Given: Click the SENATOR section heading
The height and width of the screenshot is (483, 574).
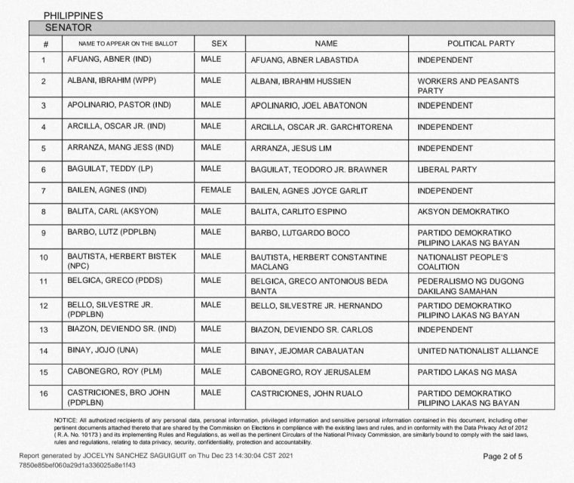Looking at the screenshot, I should pyautogui.click(x=69, y=28).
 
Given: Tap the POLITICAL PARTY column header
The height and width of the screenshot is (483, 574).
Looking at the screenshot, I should pyautogui.click(x=481, y=44).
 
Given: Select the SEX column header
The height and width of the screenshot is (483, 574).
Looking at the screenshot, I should pyautogui.click(x=219, y=44).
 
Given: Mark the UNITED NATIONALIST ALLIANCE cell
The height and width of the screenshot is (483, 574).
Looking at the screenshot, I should pyautogui.click(x=477, y=351).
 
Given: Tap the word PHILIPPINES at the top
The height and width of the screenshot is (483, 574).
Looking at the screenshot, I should pyautogui.click(x=73, y=15).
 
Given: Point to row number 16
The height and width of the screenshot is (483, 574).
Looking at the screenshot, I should pyautogui.click(x=45, y=397).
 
